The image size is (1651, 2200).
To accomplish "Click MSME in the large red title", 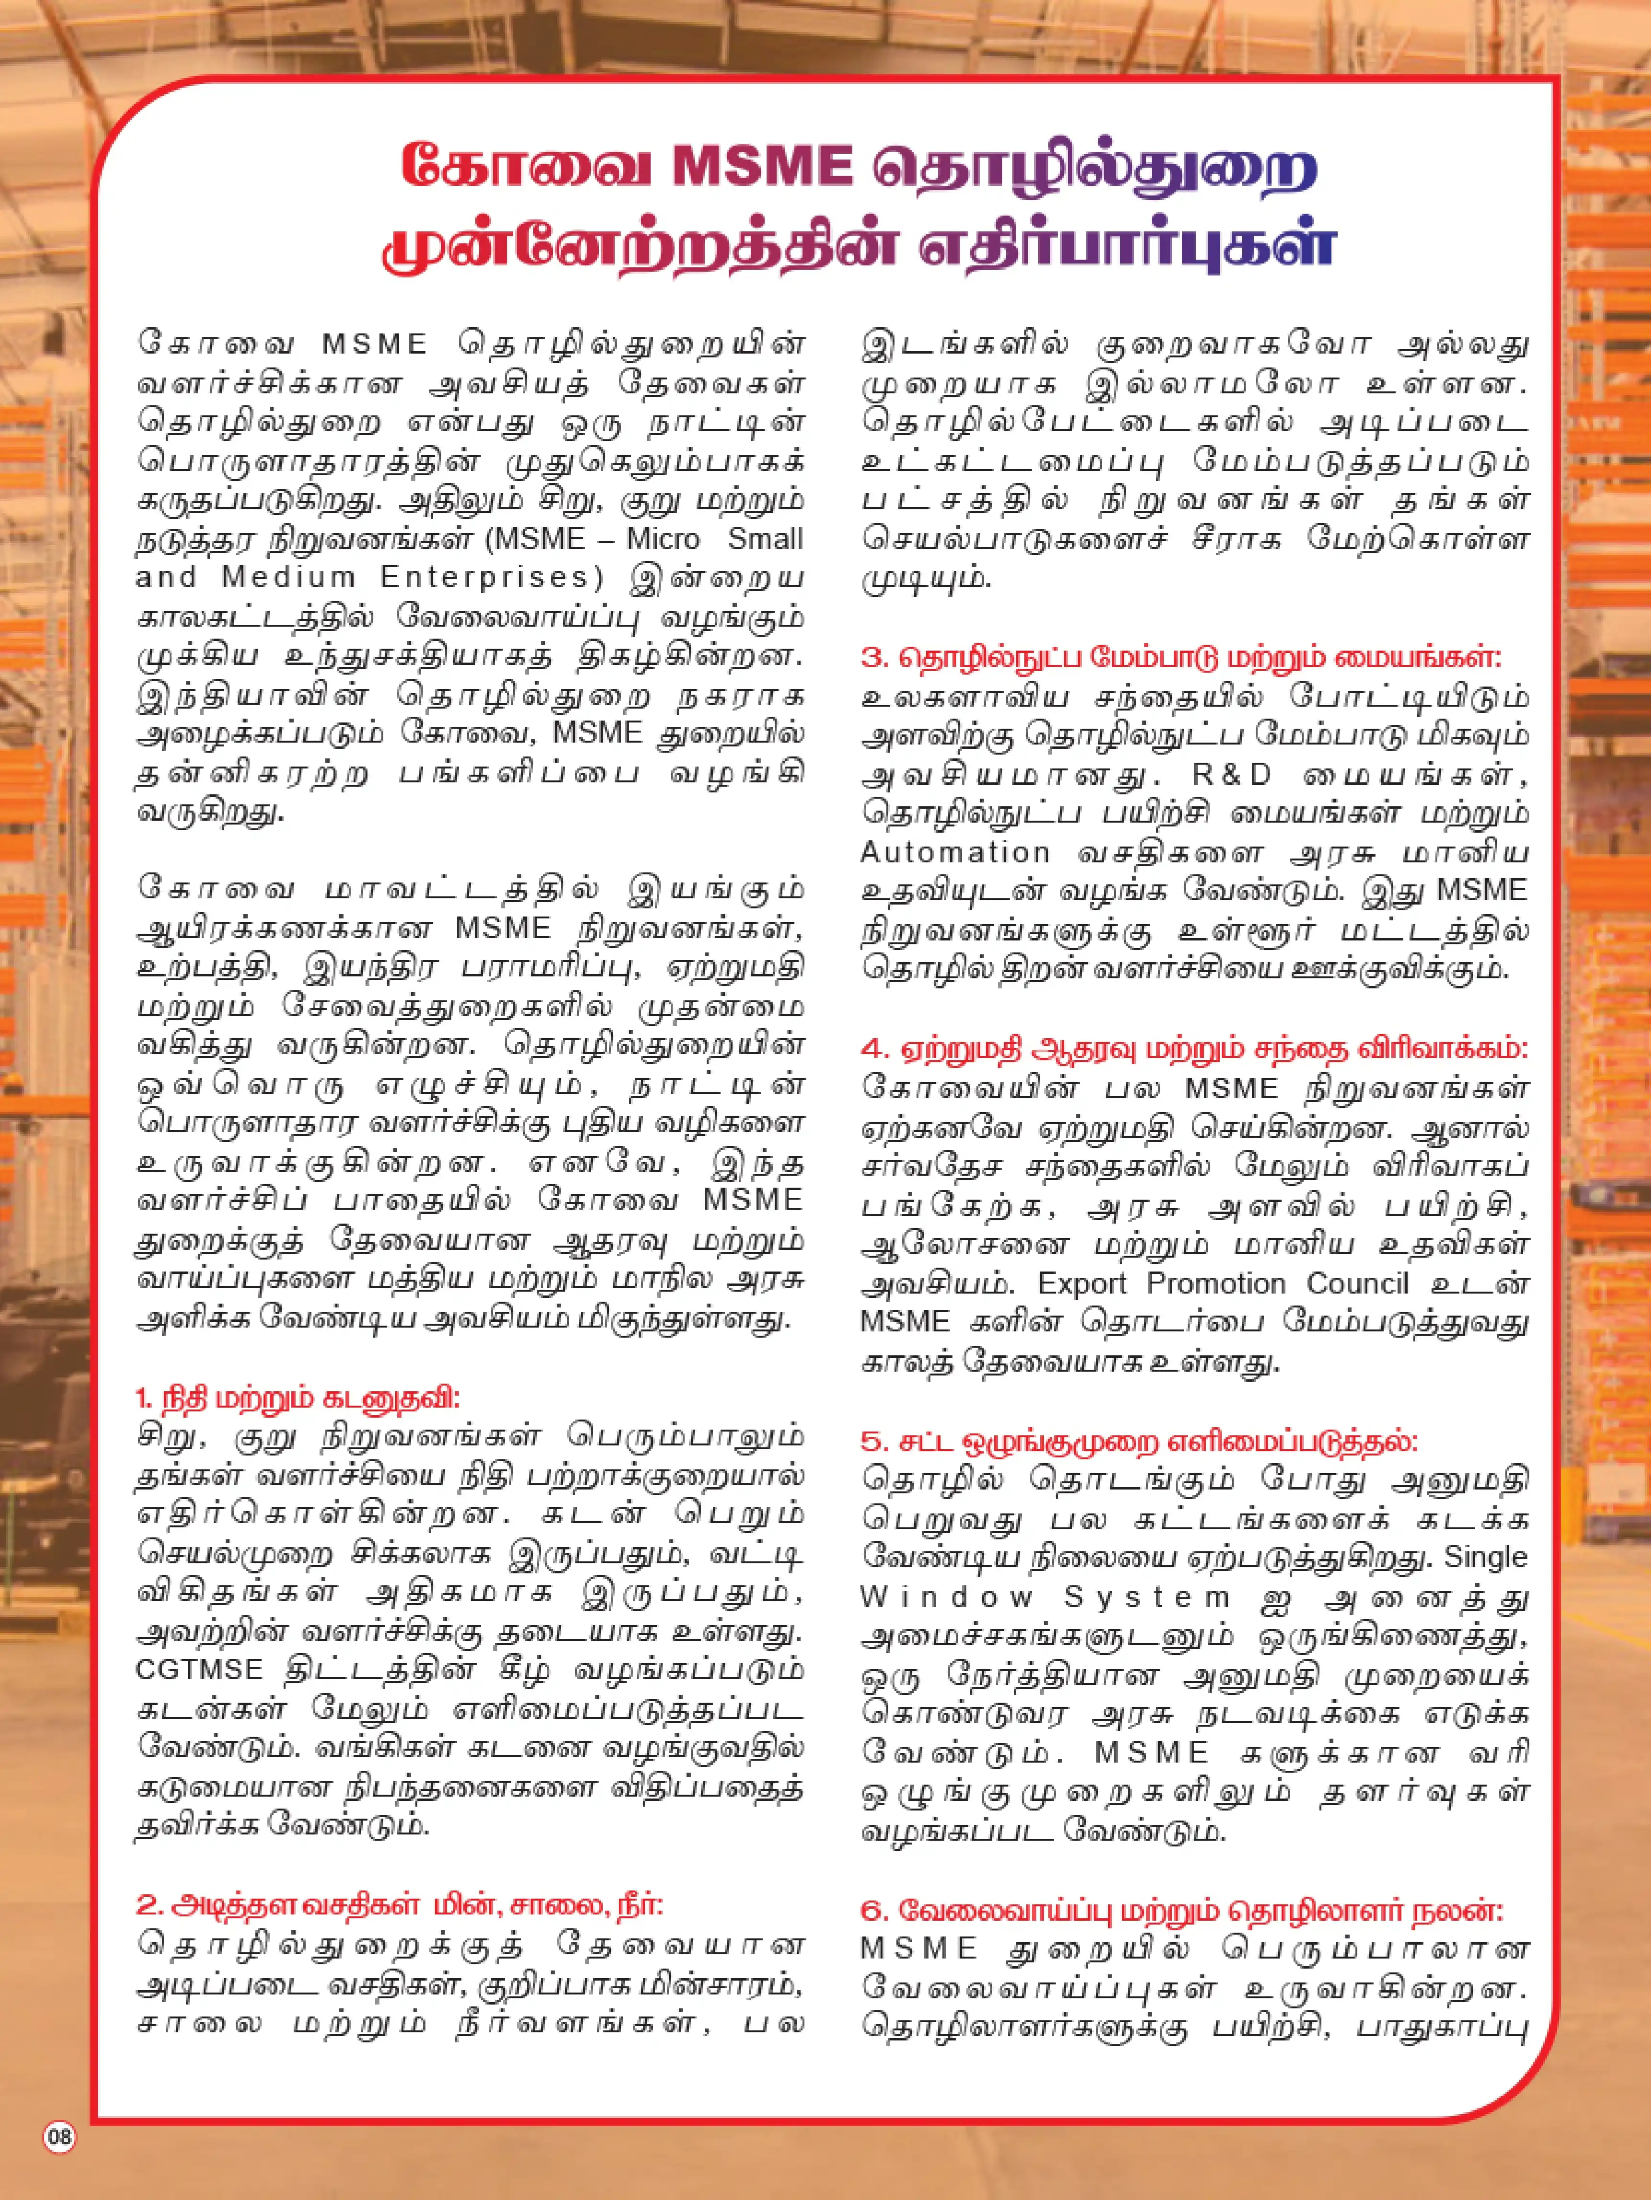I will pyautogui.click(x=763, y=166).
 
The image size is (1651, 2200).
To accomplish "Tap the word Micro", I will pyautogui.click(x=664, y=539).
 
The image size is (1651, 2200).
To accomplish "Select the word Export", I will pyautogui.click(x=1082, y=1283).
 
